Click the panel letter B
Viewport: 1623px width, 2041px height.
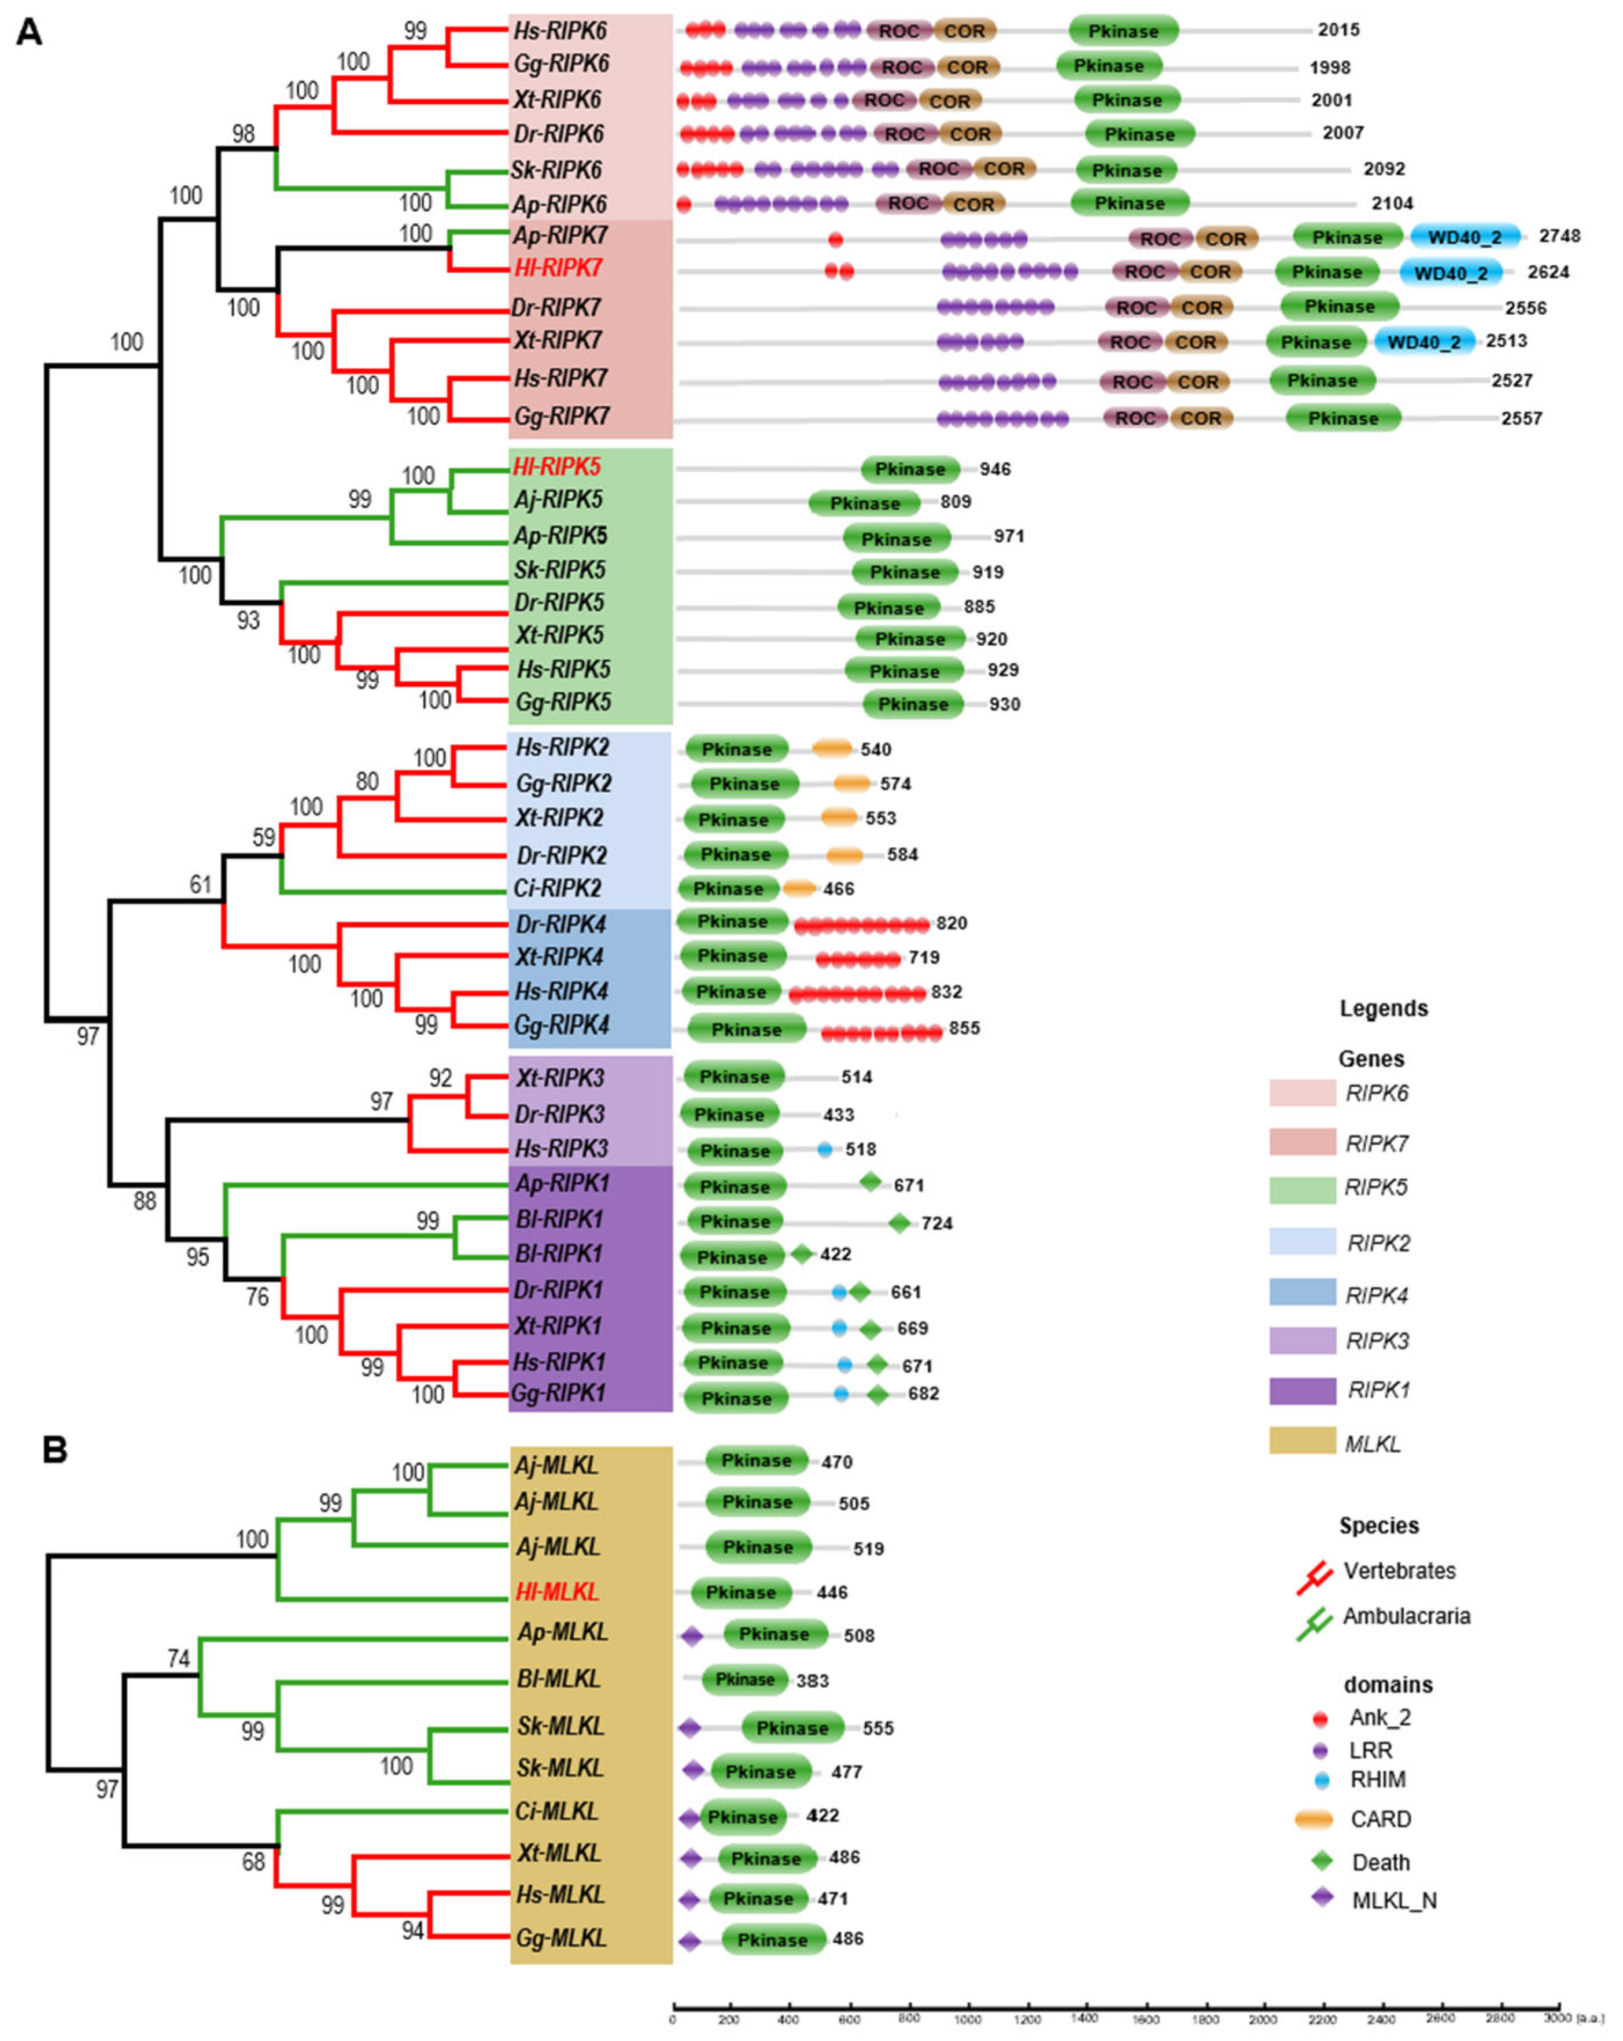tap(55, 1450)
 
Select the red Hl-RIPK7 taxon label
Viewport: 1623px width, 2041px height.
tap(558, 269)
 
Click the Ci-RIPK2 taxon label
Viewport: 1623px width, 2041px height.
tap(558, 888)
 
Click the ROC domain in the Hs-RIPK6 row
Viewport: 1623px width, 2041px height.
tap(898, 31)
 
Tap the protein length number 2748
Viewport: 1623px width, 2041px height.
tap(1559, 236)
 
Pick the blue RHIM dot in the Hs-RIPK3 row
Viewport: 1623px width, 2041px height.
tap(824, 1149)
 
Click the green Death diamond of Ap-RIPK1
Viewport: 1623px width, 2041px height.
tap(870, 1182)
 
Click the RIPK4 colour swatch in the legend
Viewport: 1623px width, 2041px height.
tap(1302, 1292)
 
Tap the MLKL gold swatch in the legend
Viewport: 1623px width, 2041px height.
tap(1302, 1440)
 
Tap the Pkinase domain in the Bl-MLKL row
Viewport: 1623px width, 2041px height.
tap(745, 1679)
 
